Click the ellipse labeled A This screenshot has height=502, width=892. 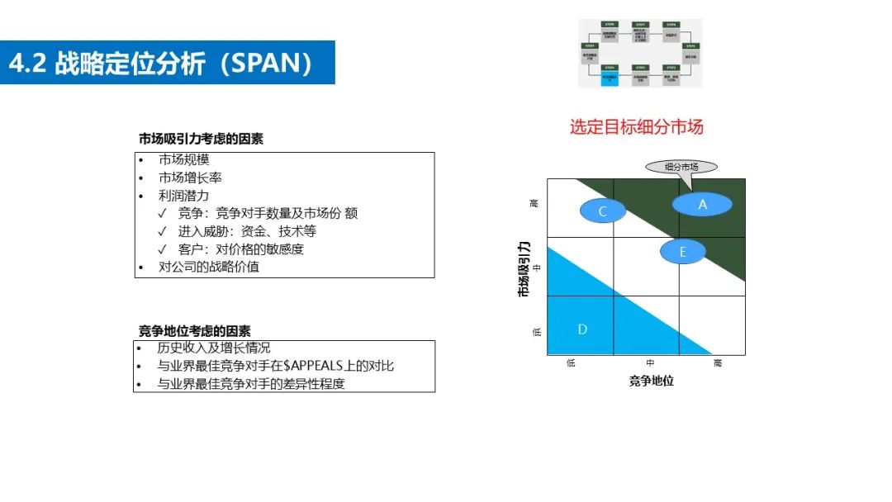702,203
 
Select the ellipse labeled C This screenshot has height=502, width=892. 602,211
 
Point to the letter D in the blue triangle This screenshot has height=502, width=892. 582,329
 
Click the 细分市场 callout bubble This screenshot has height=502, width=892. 681,167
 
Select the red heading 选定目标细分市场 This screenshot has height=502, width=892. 636,127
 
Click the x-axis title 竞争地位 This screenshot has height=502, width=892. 651,381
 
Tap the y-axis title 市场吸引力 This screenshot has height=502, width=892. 524,268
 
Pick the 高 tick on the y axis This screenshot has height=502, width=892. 536,202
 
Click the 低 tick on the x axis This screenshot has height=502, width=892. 571,363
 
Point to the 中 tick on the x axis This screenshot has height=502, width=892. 650,363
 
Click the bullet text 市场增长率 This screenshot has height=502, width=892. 190,178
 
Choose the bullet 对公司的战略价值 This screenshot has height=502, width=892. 208,267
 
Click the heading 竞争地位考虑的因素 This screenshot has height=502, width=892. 194,331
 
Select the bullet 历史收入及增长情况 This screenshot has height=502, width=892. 213,348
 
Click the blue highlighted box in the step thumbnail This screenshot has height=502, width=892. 610,78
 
